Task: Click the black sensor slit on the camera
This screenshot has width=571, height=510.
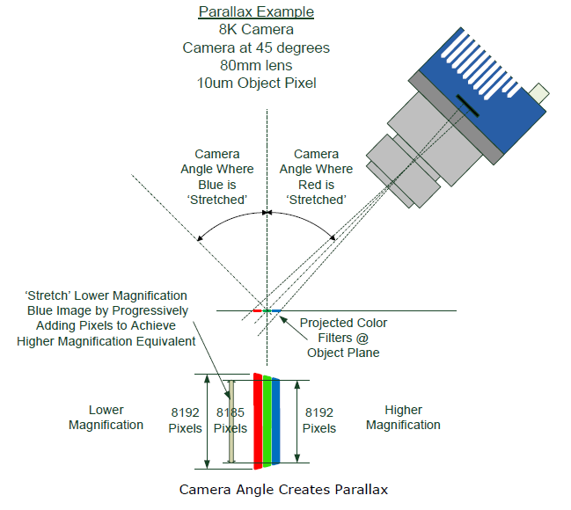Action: coord(467,111)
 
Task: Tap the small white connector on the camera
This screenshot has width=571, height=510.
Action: coord(539,91)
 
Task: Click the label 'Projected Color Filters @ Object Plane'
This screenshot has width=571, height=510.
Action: coord(343,338)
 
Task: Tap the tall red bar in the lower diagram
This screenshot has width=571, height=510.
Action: coord(258,419)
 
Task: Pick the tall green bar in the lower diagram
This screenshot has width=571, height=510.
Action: coord(267,419)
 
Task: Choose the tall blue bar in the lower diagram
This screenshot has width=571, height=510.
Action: coord(276,419)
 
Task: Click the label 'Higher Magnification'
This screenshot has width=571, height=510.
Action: coord(403,418)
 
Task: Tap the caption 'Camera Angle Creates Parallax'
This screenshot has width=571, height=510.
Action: coord(283,489)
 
